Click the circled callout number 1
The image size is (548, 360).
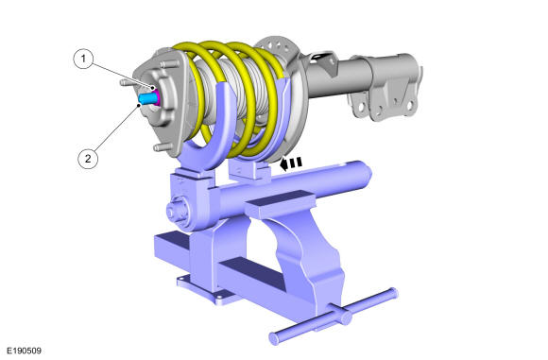[83, 59]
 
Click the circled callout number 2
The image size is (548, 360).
[88, 159]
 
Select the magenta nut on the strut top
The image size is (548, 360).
[158, 97]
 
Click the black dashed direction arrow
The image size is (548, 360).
[291, 163]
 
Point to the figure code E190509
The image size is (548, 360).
[25, 351]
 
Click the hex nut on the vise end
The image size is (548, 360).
[178, 211]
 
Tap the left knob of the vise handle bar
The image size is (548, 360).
[274, 338]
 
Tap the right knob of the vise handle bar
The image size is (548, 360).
[393, 293]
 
